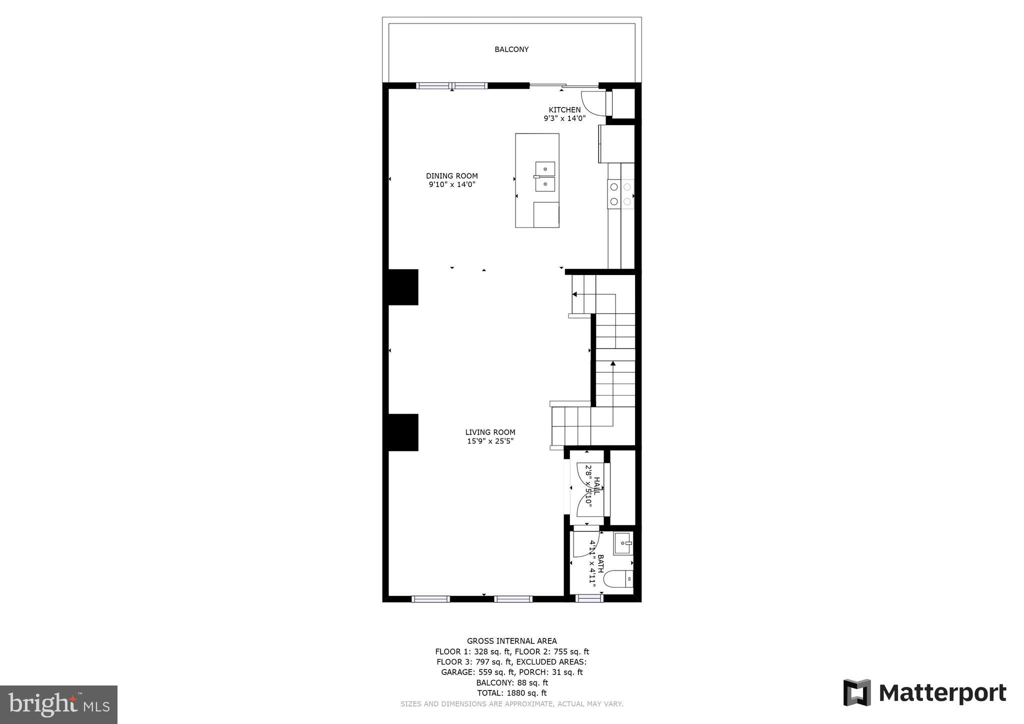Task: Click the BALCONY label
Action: click(x=511, y=49)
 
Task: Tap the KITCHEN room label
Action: click(x=564, y=110)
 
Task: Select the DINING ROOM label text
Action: click(x=451, y=176)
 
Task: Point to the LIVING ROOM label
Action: click(x=490, y=432)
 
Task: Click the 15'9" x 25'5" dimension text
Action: click(x=490, y=441)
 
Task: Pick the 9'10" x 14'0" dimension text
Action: click(x=451, y=184)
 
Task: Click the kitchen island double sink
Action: click(x=545, y=176)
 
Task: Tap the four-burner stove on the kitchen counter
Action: click(x=620, y=194)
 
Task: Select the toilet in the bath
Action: click(x=619, y=579)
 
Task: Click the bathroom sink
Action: click(x=623, y=543)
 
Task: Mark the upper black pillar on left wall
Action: click(x=403, y=287)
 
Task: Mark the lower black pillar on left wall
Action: click(x=403, y=432)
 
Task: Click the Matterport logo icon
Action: click(x=857, y=692)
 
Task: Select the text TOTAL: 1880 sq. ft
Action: click(x=511, y=693)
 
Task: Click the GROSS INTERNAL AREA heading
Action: click(x=511, y=641)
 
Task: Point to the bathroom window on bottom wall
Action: click(x=589, y=598)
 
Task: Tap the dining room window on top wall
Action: click(x=452, y=85)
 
